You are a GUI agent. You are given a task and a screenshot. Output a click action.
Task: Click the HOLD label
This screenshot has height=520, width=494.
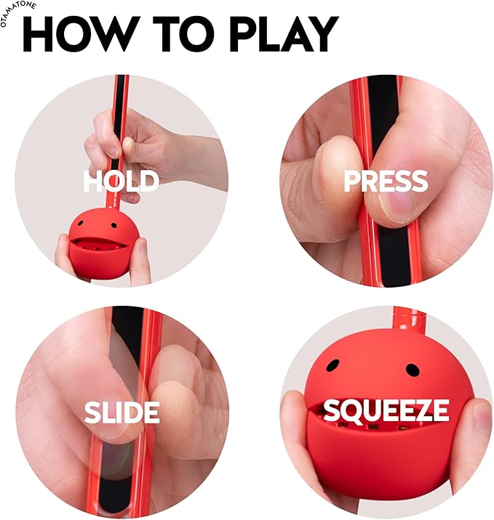point(121,182)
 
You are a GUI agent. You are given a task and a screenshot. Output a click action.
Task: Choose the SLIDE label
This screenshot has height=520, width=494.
point(121,413)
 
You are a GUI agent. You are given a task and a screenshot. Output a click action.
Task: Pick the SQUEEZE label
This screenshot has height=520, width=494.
point(386,411)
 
